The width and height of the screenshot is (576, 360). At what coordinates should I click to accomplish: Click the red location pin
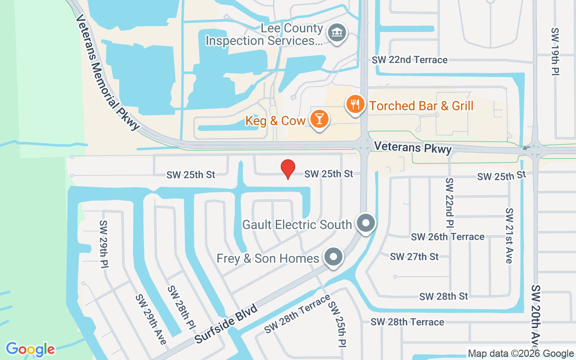pos(288,169)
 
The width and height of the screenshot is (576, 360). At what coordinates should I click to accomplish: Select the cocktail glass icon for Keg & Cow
pos(319,119)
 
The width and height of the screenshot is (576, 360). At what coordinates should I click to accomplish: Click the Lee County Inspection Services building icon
pos(337,33)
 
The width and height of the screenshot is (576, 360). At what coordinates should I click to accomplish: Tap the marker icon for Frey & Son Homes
pos(333,257)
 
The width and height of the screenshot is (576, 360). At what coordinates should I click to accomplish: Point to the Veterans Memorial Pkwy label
pos(108,72)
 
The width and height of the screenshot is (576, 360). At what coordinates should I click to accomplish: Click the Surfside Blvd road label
pos(226,324)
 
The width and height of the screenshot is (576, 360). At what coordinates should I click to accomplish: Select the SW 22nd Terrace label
pos(409,60)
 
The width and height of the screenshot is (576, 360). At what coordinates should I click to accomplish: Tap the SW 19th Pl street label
pos(555,52)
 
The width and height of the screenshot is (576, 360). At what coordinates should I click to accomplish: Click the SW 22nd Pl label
pos(450,202)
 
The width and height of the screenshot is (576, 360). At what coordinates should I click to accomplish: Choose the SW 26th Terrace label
pos(448,237)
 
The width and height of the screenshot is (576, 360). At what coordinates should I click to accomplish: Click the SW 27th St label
pos(414,256)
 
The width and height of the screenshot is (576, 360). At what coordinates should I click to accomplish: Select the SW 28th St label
pos(444,296)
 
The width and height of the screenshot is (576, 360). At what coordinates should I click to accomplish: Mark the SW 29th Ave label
pos(151,319)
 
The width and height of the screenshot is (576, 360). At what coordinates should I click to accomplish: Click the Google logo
pos(31,349)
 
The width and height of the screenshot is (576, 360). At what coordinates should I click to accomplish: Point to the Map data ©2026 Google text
pos(520,354)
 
